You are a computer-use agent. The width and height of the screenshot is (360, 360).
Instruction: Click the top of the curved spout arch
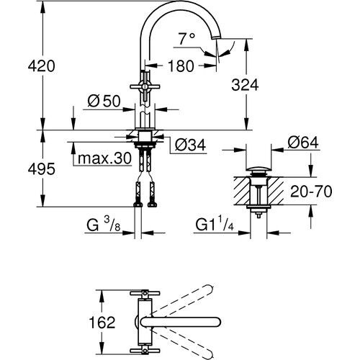[181, 5]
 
